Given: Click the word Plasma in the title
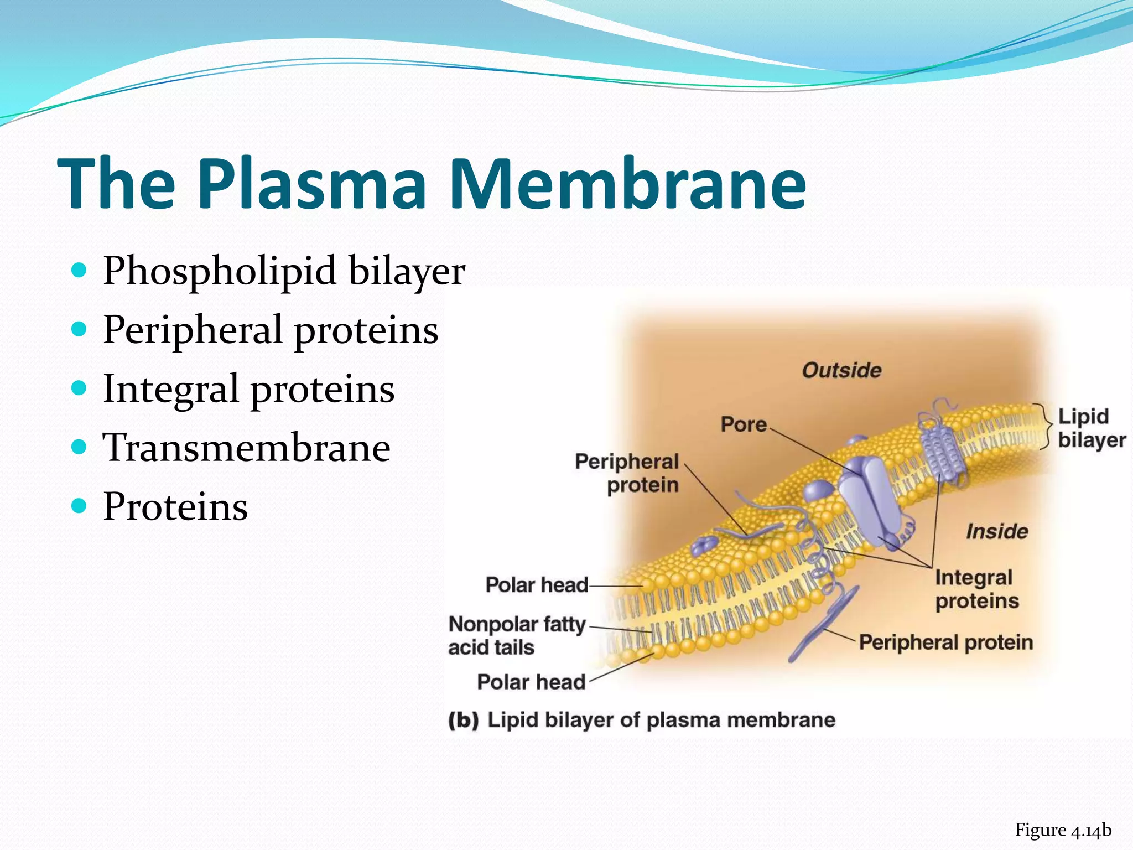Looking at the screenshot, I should tap(315, 185).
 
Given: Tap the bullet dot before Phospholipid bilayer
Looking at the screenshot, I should tap(80, 270).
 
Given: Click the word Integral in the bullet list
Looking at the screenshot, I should tap(171, 389).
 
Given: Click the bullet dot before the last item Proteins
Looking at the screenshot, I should tap(80, 505).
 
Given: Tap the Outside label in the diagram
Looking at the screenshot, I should tap(841, 370).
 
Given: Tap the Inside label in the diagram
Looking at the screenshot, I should tap(997, 531).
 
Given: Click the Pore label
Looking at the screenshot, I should tap(744, 424).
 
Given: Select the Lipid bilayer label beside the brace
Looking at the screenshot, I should tap(1091, 428).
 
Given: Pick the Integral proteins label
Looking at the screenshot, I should tap(976, 589).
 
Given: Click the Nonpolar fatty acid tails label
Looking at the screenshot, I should tap(516, 635).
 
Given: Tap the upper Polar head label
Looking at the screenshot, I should tap(536, 585).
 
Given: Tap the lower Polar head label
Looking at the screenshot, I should tap(531, 682).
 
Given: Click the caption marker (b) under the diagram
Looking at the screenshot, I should tap(463, 721).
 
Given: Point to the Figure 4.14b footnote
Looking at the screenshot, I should tap(1063, 830).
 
